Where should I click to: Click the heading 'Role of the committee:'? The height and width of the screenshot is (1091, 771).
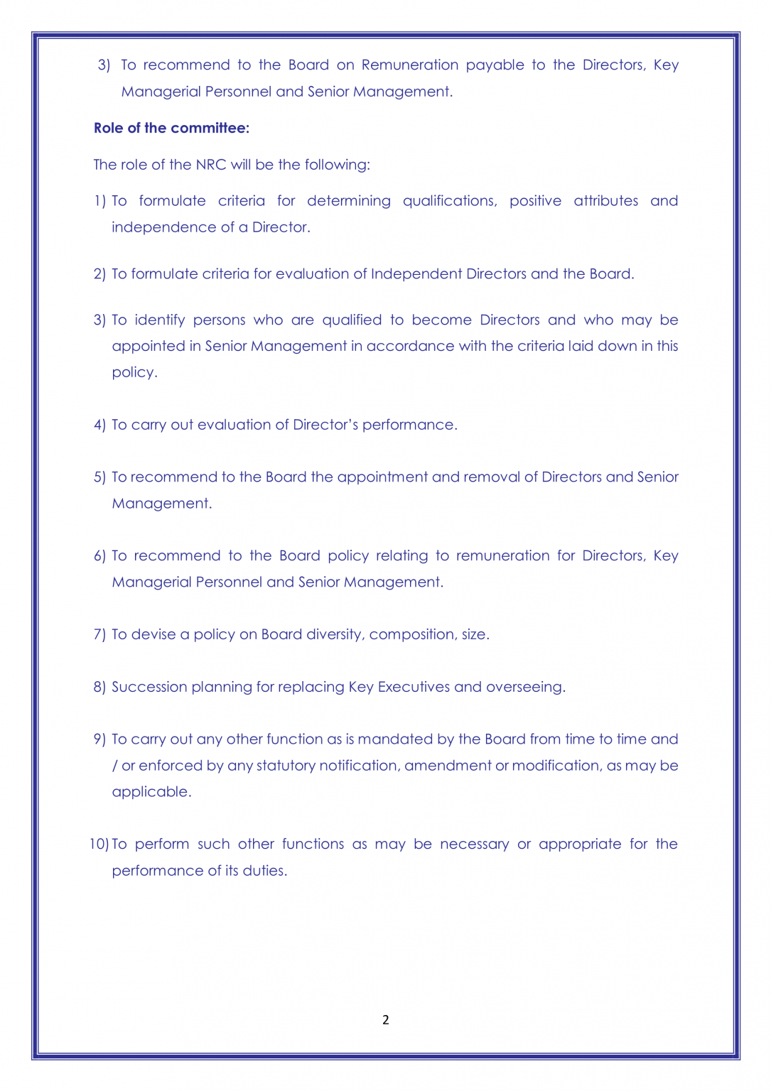pos(171,128)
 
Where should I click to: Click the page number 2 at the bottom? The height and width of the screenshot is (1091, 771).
pos(385,1020)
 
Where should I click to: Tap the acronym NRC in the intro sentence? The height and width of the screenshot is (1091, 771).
pos(210,165)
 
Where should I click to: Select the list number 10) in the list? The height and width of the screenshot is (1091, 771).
pos(99,844)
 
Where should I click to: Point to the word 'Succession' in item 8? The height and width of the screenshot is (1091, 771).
pos(147,687)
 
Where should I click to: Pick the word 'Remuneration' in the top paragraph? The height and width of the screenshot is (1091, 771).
pos(410,65)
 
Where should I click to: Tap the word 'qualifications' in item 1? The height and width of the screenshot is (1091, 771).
pos(449,201)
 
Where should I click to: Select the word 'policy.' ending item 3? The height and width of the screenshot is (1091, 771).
pos(134,373)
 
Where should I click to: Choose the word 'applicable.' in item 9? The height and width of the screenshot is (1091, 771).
pos(151,792)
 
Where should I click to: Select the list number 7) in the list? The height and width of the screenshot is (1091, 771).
pos(99,634)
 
